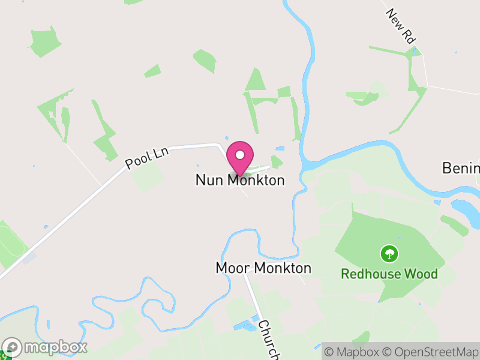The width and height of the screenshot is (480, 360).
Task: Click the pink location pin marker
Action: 240,158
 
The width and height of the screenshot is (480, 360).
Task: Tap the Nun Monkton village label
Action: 240,180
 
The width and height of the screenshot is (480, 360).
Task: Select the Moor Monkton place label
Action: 263,268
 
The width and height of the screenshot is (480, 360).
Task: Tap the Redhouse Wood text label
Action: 389,274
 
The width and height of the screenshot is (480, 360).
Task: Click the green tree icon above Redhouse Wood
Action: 389,254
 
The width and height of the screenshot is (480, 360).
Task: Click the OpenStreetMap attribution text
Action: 431,351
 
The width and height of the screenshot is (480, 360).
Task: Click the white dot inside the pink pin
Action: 240,155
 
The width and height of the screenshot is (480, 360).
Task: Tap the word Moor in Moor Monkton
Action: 230,268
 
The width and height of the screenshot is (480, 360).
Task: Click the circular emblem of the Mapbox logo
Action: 12,347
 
